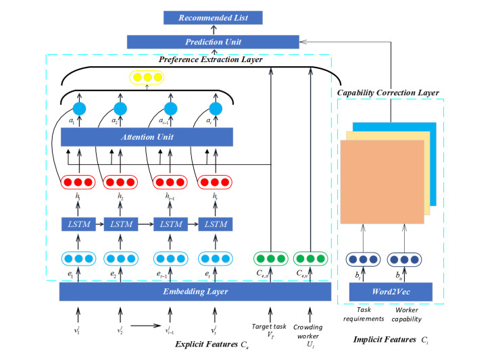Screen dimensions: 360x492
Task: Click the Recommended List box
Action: pos(213,18)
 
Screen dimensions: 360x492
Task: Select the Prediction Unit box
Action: pos(213,42)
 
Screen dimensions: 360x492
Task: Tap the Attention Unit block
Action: pos(147,137)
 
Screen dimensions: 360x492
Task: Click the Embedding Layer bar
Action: pos(195,291)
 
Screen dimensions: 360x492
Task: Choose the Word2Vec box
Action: pos(390,291)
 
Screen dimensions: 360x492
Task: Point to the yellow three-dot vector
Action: pos(148,78)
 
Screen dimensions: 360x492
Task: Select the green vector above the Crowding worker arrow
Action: pos(311,259)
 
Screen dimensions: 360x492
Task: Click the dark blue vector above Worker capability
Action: pos(405,259)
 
